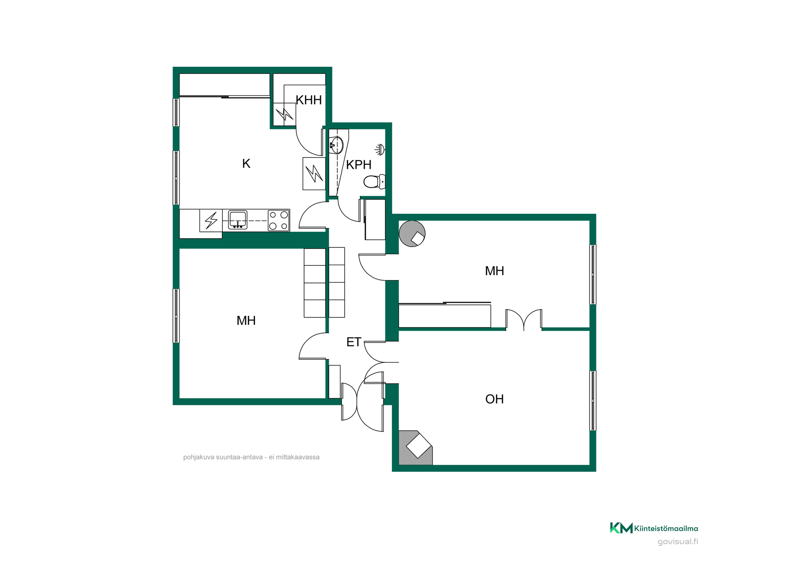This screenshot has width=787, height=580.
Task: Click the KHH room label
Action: pos(309,100)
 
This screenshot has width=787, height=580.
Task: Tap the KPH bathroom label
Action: pos(359,165)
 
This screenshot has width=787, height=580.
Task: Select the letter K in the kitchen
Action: pos(246,164)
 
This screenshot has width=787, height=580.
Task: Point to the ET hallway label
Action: pos(354,342)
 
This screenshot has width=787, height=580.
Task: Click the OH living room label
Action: pos(494,399)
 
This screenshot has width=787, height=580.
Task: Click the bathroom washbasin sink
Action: pos(336,145)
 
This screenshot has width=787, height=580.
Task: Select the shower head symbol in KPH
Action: pos(380,149)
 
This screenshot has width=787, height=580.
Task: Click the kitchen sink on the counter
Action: pos(238,219)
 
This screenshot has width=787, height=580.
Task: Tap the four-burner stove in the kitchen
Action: pos(279,220)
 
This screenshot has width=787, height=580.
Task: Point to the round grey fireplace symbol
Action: pos(412,234)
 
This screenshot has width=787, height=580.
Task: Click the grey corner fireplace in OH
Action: pos(416,448)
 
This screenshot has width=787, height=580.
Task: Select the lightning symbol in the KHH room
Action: pos(284,114)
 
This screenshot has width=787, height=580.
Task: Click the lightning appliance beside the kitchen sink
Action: pos(211,220)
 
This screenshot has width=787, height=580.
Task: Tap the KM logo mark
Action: pos(621,528)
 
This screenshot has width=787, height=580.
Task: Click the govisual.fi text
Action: pos(678,542)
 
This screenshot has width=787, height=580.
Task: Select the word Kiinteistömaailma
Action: pos(666,528)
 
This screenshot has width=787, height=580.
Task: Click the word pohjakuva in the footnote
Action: pos(198,457)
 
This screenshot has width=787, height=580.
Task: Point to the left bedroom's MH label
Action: pos(246,321)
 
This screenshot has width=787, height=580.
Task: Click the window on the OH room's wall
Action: pos(593,401)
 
